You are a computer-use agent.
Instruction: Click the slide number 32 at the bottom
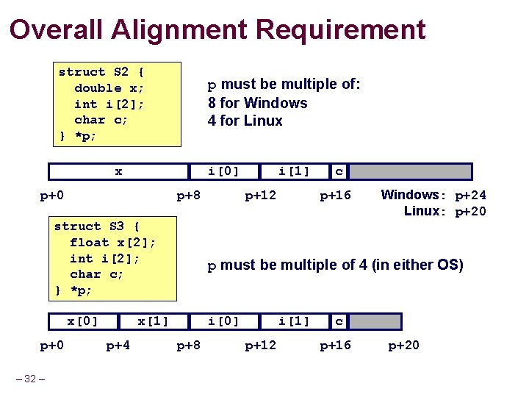pos(30,379)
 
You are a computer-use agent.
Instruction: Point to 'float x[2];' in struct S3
pos(112,242)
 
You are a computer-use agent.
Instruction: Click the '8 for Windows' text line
pos(257,103)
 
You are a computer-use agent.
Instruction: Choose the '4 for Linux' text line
pos(245,121)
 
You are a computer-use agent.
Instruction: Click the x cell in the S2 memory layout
pos(118,172)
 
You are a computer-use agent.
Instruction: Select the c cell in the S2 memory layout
pos(339,172)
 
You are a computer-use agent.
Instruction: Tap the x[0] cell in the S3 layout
pos(83,321)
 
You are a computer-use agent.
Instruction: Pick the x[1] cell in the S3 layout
pos(154,321)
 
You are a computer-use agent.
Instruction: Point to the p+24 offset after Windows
pos(470,196)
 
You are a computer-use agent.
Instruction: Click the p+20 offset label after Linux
pos(470,212)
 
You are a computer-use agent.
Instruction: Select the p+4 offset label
pos(118,345)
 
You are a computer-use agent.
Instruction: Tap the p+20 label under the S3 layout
pos(403,345)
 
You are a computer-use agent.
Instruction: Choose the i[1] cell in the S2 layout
pos(294,172)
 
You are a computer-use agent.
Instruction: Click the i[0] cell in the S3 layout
pos(223,321)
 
